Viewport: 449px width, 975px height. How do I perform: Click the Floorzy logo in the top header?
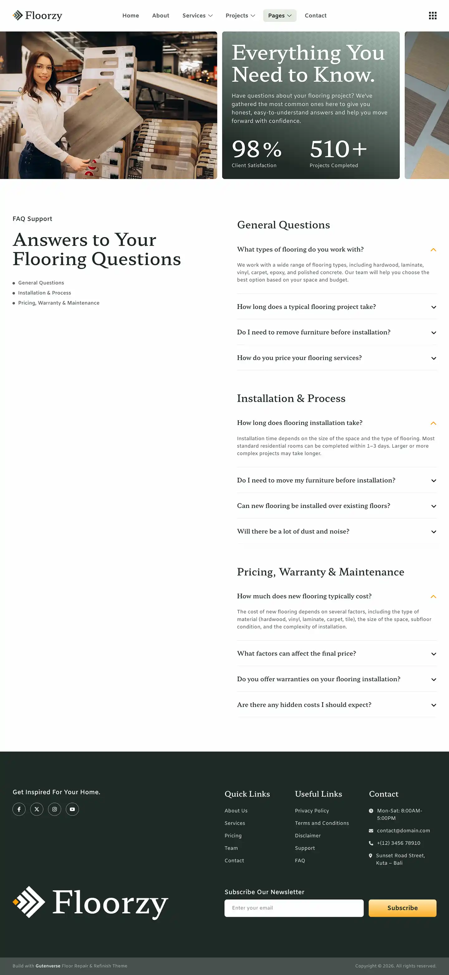(x=37, y=16)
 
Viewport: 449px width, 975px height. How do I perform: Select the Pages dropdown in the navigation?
(x=279, y=16)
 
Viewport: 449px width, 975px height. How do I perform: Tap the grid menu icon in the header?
(x=432, y=16)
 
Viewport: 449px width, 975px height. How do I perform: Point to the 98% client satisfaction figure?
(x=256, y=149)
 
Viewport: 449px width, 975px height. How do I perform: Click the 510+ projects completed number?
(x=338, y=149)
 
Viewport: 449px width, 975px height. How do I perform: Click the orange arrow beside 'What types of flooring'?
(x=433, y=250)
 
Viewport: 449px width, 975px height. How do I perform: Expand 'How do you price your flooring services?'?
(x=299, y=358)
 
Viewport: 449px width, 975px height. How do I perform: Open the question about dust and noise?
(x=293, y=531)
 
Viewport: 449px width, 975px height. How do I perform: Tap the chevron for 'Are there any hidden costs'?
(x=433, y=705)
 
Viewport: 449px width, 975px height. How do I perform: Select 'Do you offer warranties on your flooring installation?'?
(x=318, y=679)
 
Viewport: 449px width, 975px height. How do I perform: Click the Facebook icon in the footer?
(x=19, y=809)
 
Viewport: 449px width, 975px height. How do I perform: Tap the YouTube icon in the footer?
(x=72, y=809)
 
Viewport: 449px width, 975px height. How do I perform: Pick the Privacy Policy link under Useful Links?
(x=311, y=811)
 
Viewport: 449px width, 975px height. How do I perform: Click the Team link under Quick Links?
(x=231, y=848)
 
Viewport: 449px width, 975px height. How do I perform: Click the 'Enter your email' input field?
(x=293, y=908)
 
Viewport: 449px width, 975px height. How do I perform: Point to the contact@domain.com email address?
(x=403, y=830)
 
